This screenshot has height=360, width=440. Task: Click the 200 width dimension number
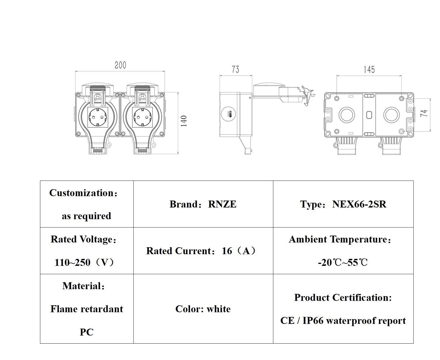[120, 65]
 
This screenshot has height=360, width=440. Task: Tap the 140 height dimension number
[184, 121]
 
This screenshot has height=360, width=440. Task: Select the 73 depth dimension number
[235, 69]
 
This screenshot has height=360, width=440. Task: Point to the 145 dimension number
[369, 69]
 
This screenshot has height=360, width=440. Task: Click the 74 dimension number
[424, 113]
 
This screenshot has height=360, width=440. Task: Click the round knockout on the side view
[229, 114]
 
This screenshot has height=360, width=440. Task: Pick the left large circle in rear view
[347, 114]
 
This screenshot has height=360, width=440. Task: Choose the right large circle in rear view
[391, 114]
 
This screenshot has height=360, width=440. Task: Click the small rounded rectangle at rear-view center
[369, 114]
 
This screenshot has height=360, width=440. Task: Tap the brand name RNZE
[222, 204]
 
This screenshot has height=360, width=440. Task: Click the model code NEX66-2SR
[359, 204]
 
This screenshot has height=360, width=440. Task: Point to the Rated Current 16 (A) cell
[201, 251]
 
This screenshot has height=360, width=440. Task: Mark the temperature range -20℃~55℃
[343, 262]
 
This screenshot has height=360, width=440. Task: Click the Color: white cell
[203, 309]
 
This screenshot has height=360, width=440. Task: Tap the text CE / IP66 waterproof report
[343, 321]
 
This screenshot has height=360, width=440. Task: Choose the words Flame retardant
[87, 309]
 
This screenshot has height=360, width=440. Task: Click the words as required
[86, 216]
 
